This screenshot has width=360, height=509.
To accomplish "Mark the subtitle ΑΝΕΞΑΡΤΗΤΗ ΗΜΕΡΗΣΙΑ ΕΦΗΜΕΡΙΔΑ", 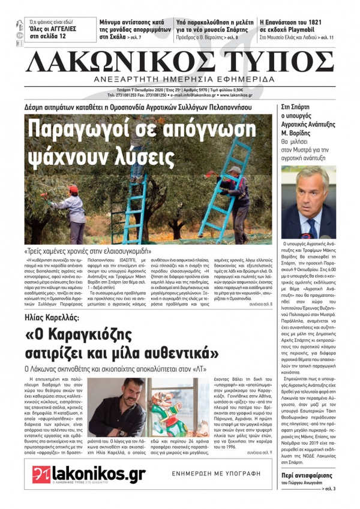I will click(179, 80).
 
